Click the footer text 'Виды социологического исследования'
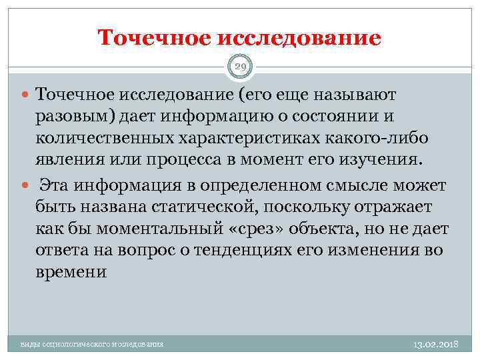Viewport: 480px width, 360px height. point(92,344)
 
